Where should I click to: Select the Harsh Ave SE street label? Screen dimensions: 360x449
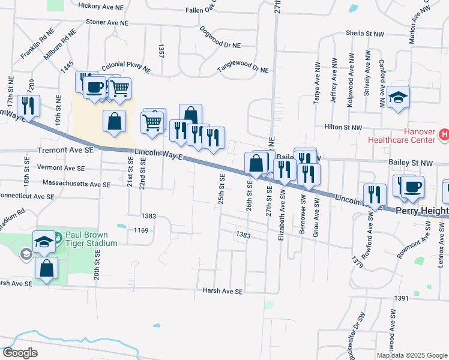coord(222,291)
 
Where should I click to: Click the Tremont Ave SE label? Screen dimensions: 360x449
coord(65,150)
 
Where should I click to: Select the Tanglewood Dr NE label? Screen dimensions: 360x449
coord(243,69)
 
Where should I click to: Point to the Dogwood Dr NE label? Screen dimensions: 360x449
coord(220,37)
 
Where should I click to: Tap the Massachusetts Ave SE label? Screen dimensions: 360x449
coord(76,182)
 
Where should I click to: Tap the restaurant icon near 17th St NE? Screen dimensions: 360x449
coord(28,106)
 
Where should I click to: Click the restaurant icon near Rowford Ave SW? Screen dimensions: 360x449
coord(375,194)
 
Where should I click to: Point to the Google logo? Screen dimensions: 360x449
coord(20,353)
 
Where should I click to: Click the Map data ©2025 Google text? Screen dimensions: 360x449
coord(412,355)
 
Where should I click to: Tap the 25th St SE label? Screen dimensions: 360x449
coord(221,189)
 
